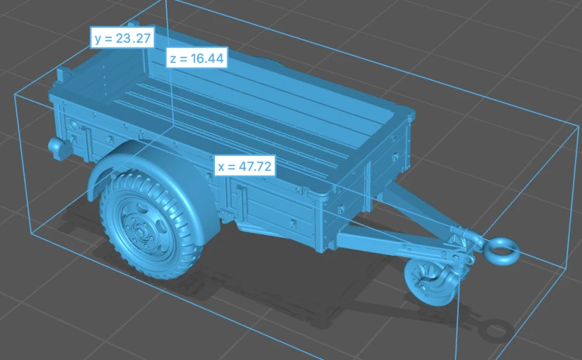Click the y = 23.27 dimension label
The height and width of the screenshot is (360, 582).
click(x=123, y=37)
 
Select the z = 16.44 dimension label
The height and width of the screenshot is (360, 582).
click(x=197, y=58)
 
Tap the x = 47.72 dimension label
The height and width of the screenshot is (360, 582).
click(x=245, y=166)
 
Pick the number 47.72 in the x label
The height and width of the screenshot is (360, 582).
click(x=255, y=166)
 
